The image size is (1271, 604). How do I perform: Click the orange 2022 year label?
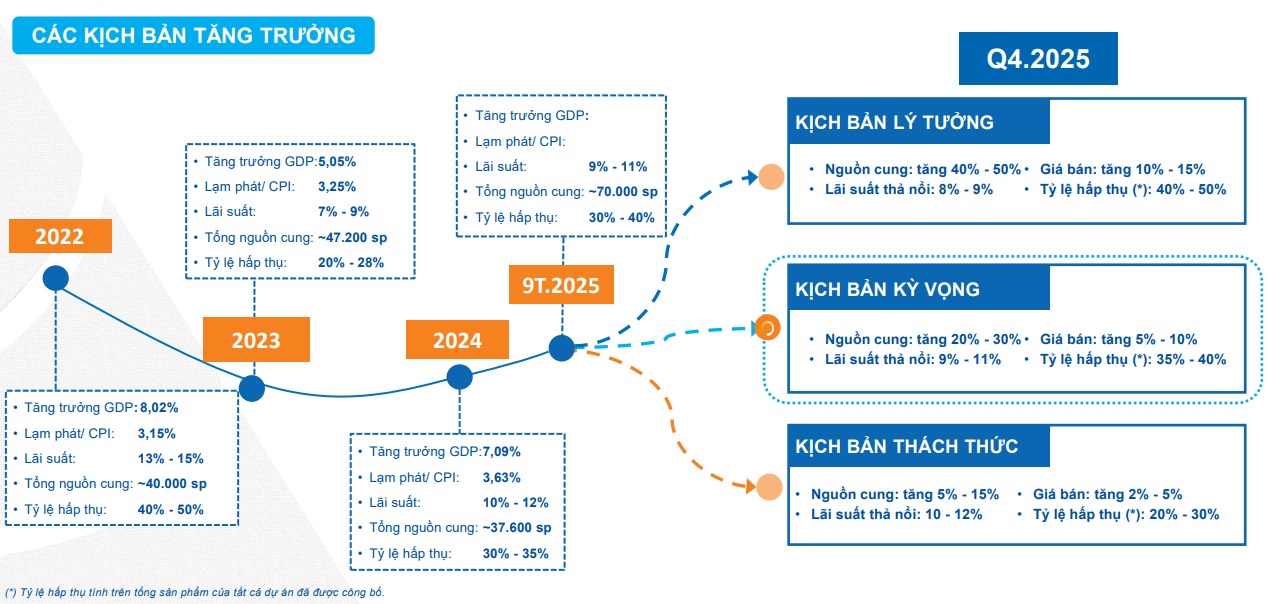[60, 237]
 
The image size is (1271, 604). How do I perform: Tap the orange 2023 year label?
[256, 340]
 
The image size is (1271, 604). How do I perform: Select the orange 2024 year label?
[457, 340]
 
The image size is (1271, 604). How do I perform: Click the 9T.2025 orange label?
[560, 286]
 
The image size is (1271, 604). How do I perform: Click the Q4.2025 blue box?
[1038, 59]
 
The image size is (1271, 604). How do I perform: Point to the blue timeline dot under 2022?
[55, 278]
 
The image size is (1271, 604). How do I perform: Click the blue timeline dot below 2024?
[459, 377]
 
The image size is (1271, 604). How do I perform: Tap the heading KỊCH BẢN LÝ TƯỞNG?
[895, 123]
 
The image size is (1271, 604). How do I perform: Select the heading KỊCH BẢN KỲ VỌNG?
[888, 290]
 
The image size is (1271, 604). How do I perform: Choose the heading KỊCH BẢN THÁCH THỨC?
[907, 445]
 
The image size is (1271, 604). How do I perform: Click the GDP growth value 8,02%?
[160, 408]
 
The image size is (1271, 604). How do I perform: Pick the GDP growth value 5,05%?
[336, 160]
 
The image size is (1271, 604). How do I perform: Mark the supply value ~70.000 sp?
[622, 192]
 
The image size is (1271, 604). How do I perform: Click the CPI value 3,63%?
[502, 477]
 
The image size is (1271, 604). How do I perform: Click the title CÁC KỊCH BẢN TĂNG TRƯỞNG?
[194, 36]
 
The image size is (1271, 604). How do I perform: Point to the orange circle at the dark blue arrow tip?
[770, 178]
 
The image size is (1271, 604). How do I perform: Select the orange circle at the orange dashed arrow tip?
[768, 487]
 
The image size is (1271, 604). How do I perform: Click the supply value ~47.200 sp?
[352, 238]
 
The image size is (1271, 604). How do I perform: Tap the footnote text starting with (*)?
[195, 592]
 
